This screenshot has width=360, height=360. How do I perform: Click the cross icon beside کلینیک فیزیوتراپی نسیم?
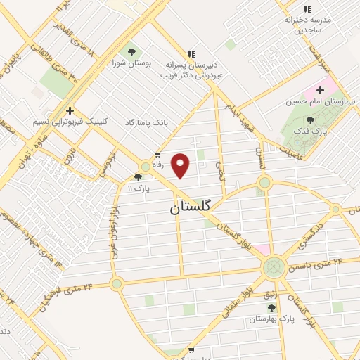coord(70,110)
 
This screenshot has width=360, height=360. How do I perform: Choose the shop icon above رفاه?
coord(157,155)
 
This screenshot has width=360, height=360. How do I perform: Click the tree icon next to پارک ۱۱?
coord(139,177)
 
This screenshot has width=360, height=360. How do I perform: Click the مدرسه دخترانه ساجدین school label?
coord(307,25)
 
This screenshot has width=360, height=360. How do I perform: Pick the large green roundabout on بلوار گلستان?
coord(274,266)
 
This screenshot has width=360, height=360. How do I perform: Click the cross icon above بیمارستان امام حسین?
coord(319,90)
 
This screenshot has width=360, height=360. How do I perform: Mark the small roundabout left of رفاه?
coord(145,167)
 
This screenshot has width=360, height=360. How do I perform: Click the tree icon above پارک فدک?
coord(310,121)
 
